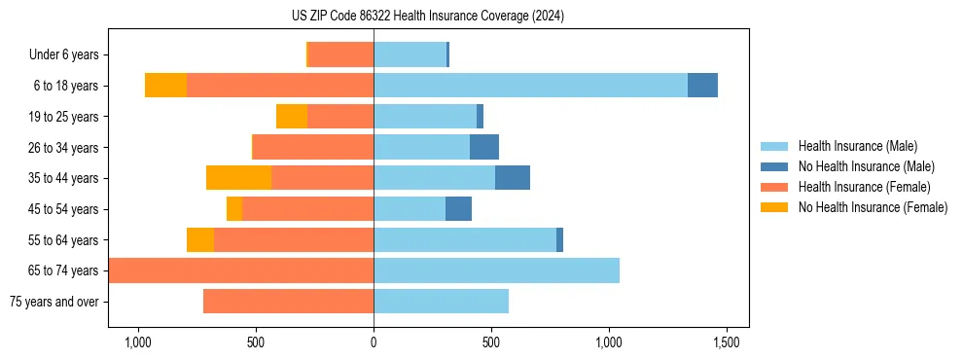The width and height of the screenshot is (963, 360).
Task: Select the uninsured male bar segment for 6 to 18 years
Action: coord(702,86)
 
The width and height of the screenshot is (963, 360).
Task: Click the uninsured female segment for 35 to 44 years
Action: coord(238,178)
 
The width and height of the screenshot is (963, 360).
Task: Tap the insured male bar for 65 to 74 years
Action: coord(496,270)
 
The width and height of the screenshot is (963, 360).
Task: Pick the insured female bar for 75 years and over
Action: coord(288,302)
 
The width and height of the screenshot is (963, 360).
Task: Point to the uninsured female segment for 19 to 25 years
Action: coord(292,117)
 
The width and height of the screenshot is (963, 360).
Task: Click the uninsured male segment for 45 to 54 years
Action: coord(458,209)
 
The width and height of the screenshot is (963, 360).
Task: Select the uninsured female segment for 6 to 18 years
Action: coord(165,86)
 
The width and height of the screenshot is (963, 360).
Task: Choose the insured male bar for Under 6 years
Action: coord(410,55)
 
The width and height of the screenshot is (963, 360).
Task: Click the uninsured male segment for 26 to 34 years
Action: coord(484,147)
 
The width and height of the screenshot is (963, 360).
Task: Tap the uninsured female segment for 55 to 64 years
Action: coord(200,239)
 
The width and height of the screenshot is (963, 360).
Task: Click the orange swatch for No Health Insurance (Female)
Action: coord(775,207)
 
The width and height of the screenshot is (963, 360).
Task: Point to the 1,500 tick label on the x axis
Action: coord(727,342)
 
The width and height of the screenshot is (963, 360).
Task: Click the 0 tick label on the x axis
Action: coord(374,342)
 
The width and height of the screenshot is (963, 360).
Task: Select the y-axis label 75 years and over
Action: coord(53,302)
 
